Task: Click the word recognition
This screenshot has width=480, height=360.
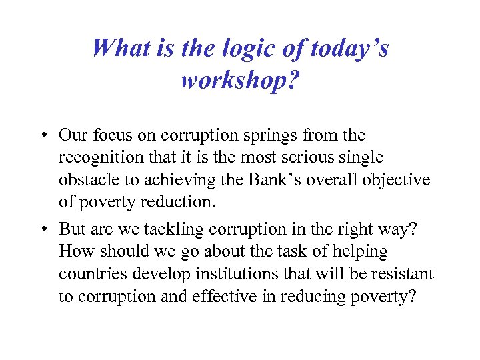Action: (99, 158)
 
